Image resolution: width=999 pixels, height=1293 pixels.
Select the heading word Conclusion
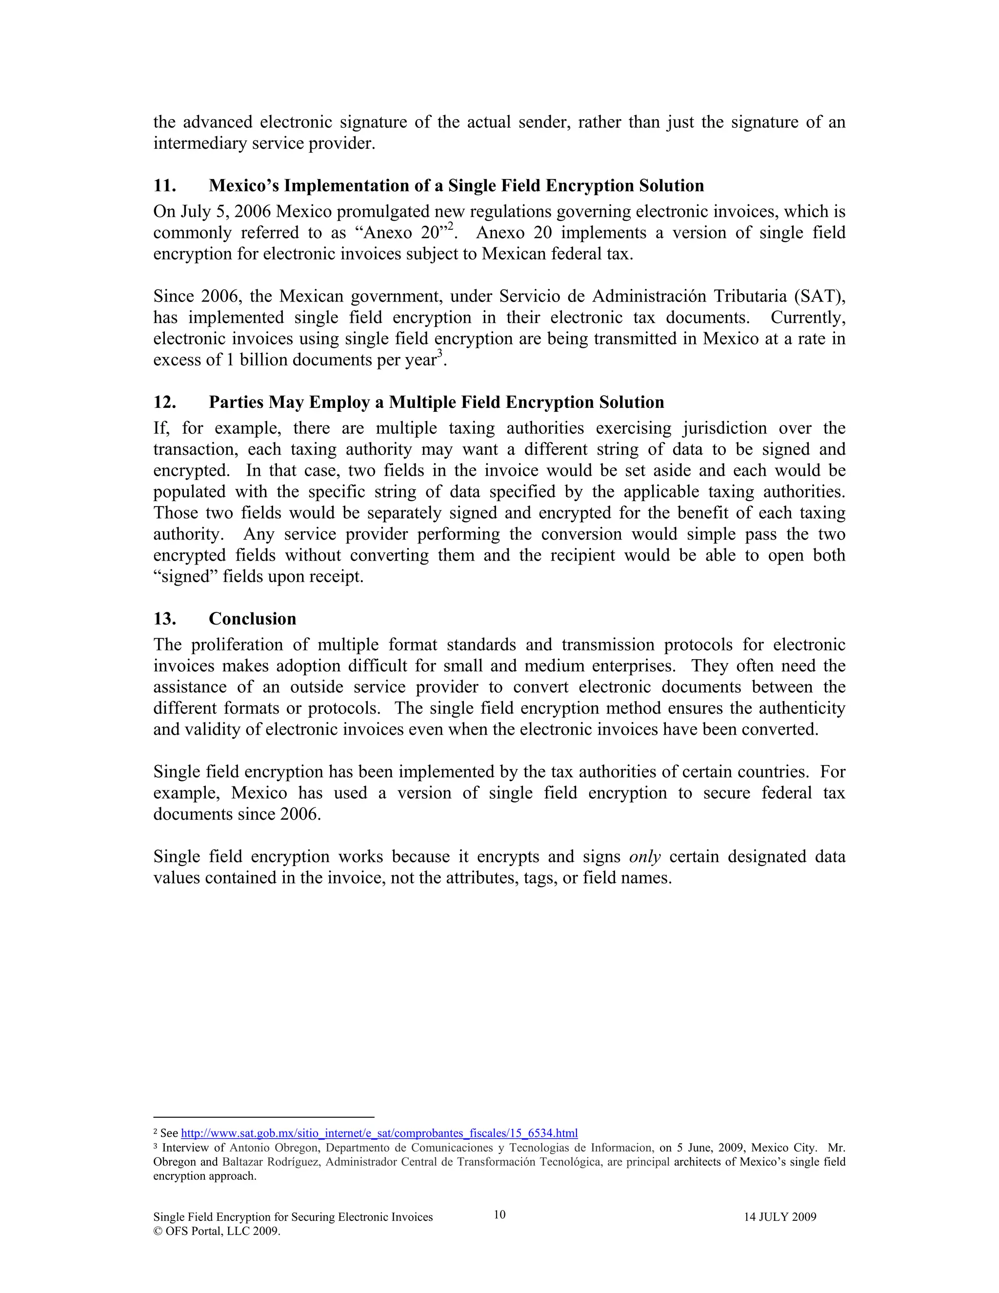pyautogui.click(x=252, y=619)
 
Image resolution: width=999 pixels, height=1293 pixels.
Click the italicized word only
pyautogui.click(x=644, y=857)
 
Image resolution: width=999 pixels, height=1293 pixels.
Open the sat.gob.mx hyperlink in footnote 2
pyautogui.click(x=379, y=1133)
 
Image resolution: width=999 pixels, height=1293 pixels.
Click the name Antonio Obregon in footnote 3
pyautogui.click(x=274, y=1148)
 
